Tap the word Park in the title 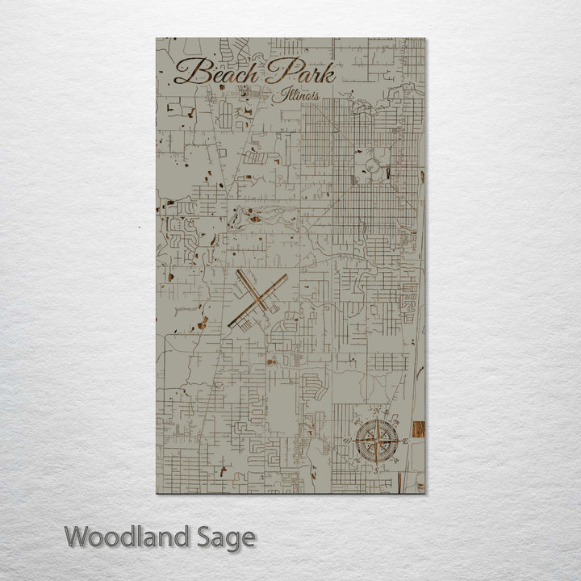click(299, 73)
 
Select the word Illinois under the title click(295, 95)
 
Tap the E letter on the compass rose click(405, 441)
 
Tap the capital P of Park click(278, 71)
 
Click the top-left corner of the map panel click(156, 38)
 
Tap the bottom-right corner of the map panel click(425, 493)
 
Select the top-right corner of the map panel click(425, 38)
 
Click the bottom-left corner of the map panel click(156, 493)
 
